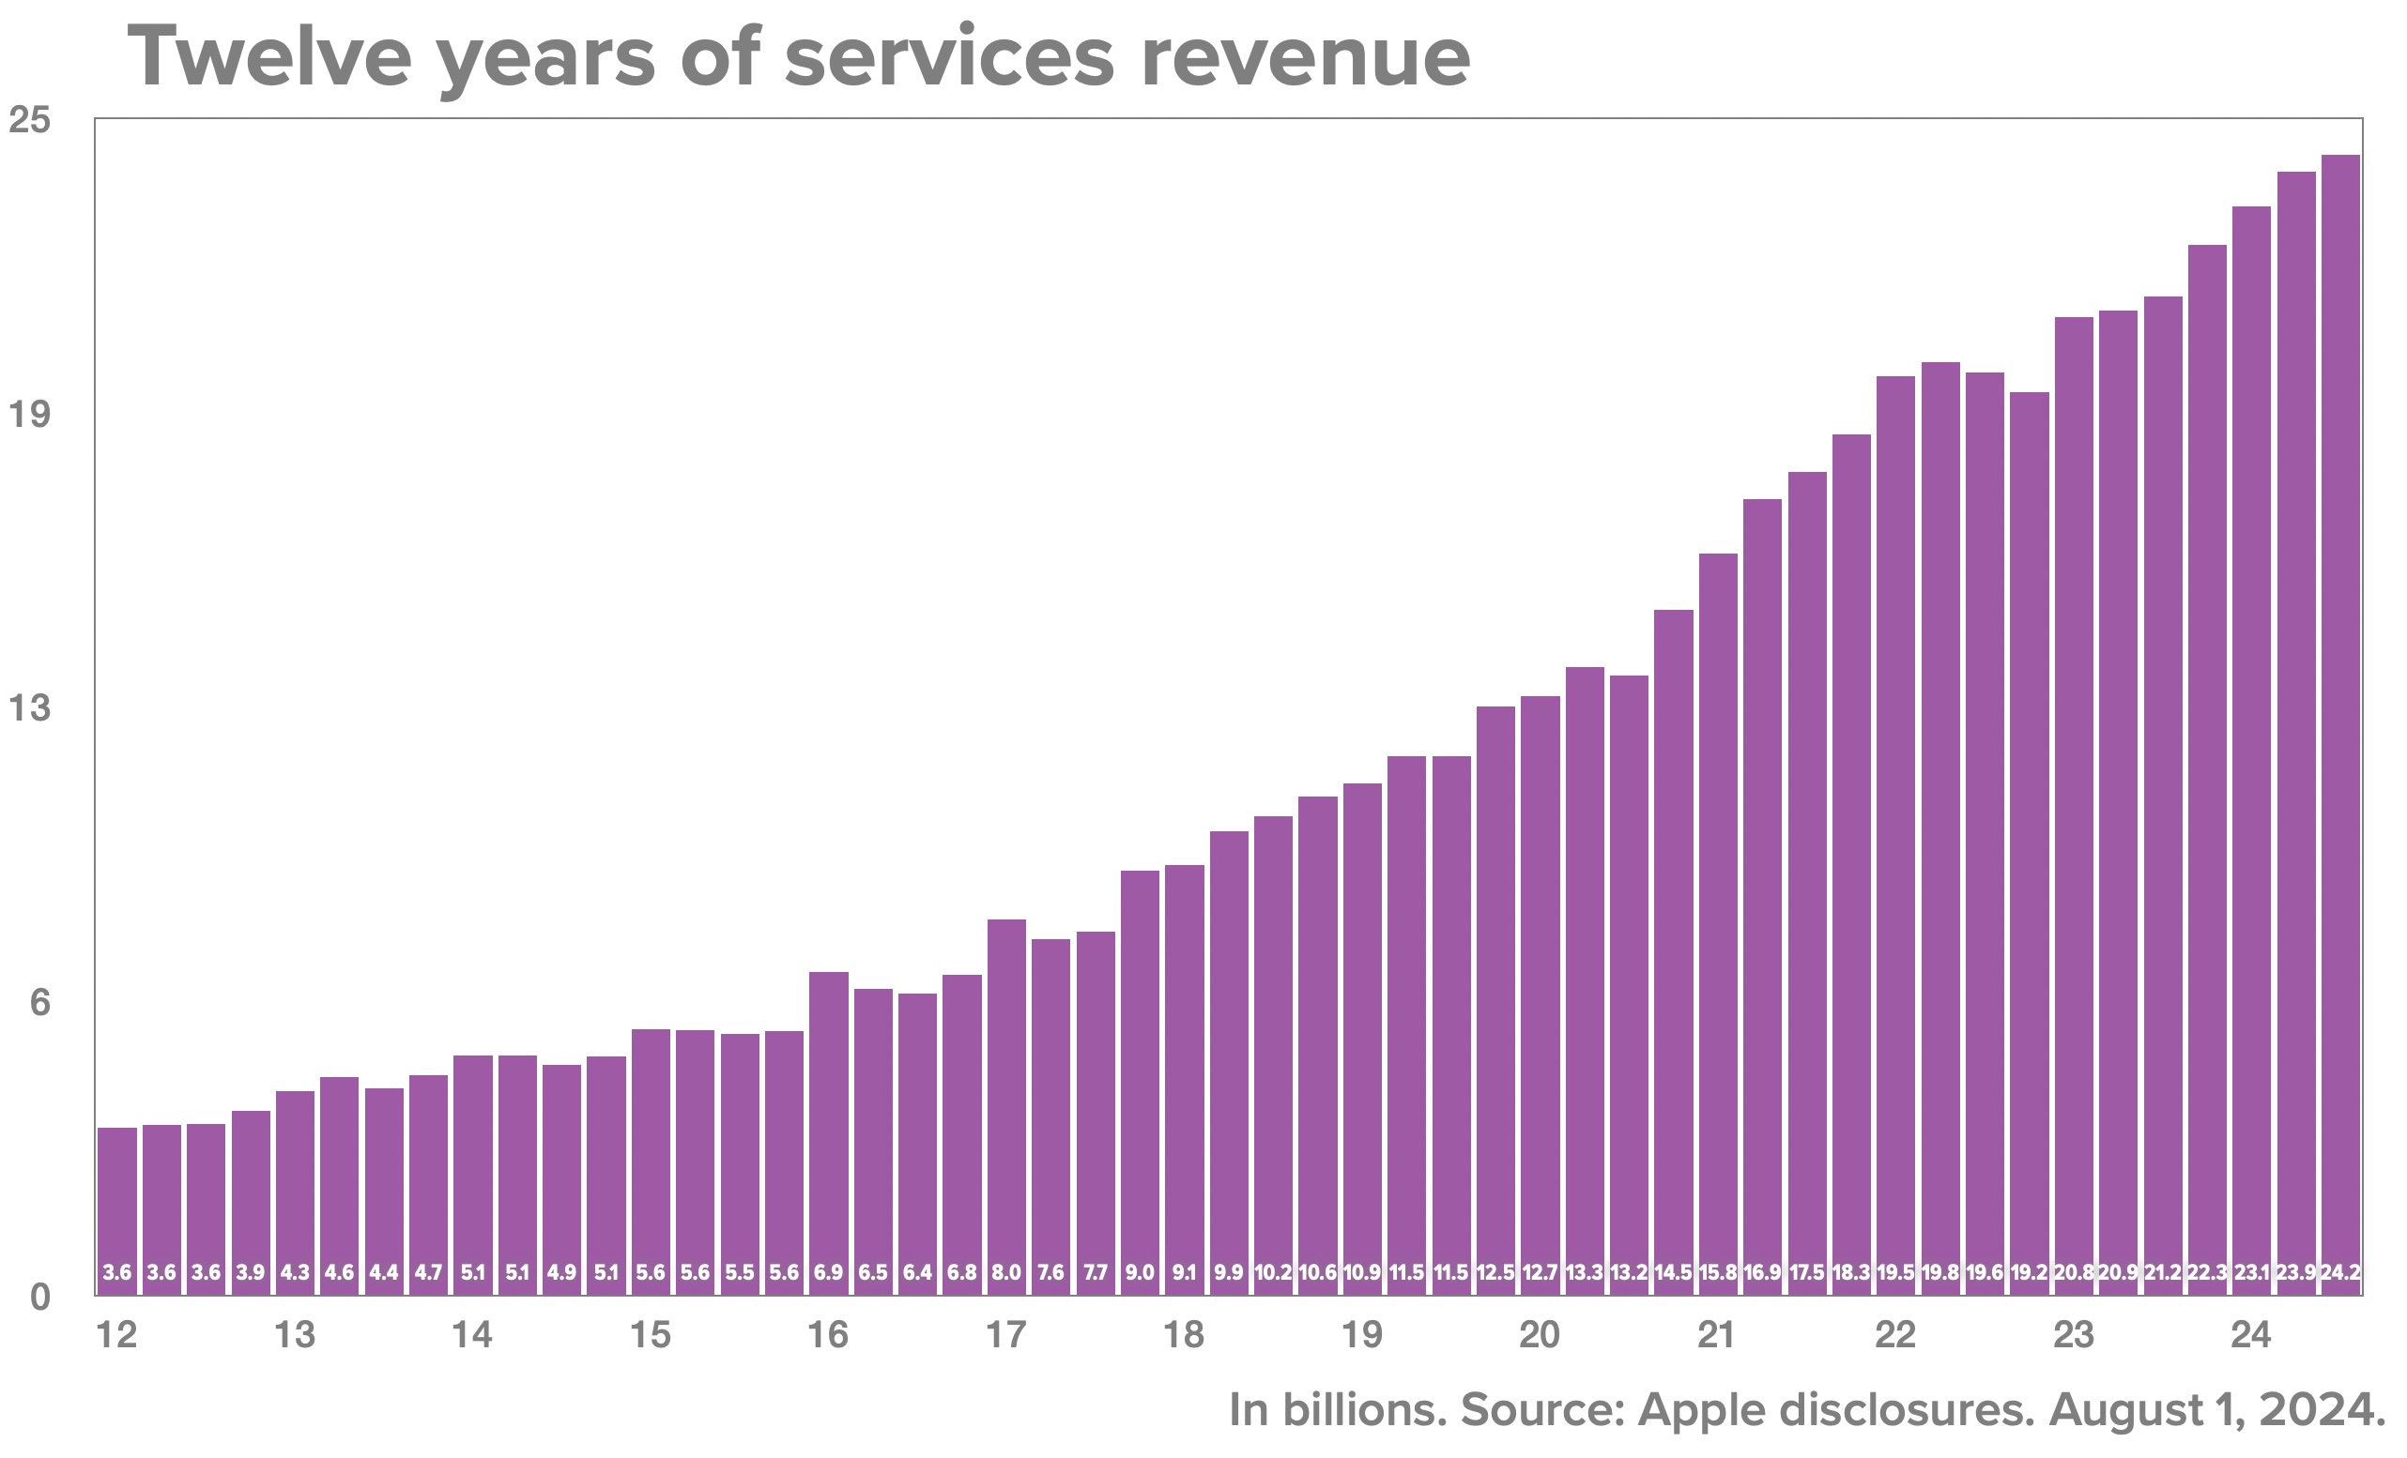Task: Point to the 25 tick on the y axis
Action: [x=29, y=120]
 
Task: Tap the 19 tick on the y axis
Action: [x=29, y=414]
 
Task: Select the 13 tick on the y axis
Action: [x=29, y=708]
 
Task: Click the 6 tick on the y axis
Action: [x=39, y=1003]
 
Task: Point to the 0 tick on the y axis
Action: [x=39, y=1298]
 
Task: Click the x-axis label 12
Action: [x=116, y=1335]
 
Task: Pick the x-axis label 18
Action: [x=1183, y=1335]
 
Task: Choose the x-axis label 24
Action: [x=2251, y=1335]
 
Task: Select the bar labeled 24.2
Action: [x=2339, y=722]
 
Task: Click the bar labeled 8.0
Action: [x=1006, y=1103]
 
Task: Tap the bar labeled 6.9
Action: [x=828, y=1132]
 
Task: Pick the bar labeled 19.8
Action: [x=1940, y=830]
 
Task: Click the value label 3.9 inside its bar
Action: [x=250, y=1273]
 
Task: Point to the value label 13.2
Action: [x=1629, y=1273]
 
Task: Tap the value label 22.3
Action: [x=2207, y=1273]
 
